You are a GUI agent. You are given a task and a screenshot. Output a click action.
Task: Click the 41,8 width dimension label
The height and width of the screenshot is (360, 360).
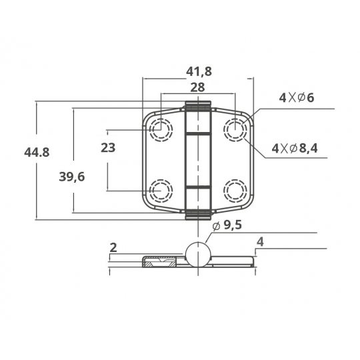click(x=199, y=71)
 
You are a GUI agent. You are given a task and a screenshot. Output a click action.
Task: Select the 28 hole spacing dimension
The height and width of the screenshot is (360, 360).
click(x=198, y=87)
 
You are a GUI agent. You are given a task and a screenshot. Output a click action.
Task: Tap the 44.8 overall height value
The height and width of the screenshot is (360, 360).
click(x=37, y=152)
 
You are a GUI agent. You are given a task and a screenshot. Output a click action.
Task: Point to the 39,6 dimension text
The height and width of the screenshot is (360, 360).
click(x=72, y=177)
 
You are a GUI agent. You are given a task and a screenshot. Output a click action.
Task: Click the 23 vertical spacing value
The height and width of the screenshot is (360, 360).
click(x=108, y=147)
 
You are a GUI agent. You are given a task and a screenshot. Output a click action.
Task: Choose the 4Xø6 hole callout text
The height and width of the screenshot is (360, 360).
click(x=297, y=98)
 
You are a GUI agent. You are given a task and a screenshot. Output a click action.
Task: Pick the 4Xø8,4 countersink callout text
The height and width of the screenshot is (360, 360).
click(x=295, y=148)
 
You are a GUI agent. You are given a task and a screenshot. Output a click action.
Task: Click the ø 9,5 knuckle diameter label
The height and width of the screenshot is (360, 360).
click(x=227, y=225)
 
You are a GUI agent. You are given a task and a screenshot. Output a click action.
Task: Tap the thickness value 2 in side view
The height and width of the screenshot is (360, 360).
click(x=113, y=248)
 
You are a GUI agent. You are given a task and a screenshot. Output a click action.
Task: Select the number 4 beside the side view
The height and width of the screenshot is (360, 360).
click(x=260, y=242)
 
